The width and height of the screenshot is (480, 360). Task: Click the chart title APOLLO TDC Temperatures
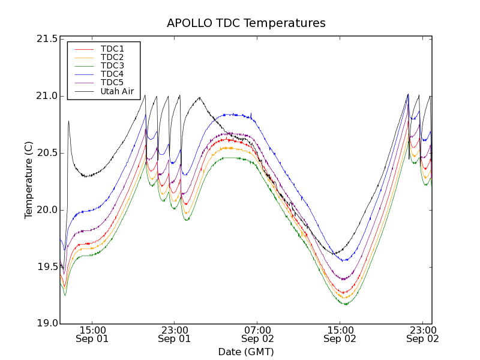pyautogui.click(x=246, y=23)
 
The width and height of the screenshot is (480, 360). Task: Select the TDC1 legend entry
pyautogui.click(x=112, y=49)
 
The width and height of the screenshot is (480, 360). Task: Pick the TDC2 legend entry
pyautogui.click(x=112, y=57)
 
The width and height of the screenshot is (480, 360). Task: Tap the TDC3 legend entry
pyautogui.click(x=112, y=65)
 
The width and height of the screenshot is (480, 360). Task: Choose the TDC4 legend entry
pyautogui.click(x=112, y=74)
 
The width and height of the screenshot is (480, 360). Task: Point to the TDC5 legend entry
pyautogui.click(x=112, y=82)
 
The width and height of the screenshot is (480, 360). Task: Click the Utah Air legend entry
pyautogui.click(x=117, y=91)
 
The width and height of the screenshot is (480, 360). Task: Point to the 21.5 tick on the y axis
pyautogui.click(x=46, y=39)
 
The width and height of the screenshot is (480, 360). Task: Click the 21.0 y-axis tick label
pyautogui.click(x=46, y=96)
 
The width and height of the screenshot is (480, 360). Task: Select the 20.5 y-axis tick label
pyautogui.click(x=46, y=153)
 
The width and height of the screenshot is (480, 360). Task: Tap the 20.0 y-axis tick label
pyautogui.click(x=46, y=210)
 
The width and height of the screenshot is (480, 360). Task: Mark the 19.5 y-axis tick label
pyautogui.click(x=46, y=267)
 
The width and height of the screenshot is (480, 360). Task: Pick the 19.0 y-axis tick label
pyautogui.click(x=46, y=324)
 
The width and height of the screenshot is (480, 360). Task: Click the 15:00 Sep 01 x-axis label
pyautogui.click(x=92, y=334)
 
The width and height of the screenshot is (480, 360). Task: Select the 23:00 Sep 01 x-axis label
pyautogui.click(x=175, y=334)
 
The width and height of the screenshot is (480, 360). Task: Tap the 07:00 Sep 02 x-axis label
pyautogui.click(x=257, y=334)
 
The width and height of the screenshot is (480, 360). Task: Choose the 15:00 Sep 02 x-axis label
pyautogui.click(x=340, y=334)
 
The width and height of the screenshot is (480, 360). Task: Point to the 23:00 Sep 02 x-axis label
pyautogui.click(x=422, y=334)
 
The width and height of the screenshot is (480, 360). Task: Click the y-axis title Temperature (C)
pyautogui.click(x=29, y=180)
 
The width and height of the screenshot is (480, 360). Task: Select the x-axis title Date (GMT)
pyautogui.click(x=246, y=352)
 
